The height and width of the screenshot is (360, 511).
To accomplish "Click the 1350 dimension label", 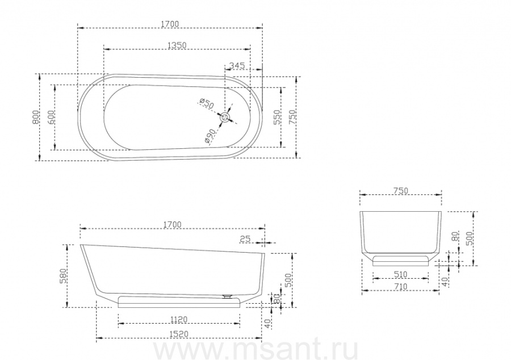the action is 177,45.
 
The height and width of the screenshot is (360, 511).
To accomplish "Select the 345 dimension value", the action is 237,65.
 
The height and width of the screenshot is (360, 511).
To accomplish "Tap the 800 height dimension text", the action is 36,117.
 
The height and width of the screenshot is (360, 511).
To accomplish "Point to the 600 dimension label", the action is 51,117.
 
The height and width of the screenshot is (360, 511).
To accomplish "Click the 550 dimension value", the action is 277,117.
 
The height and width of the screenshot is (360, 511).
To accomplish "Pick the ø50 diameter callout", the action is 207,103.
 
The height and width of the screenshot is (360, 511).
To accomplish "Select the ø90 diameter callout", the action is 210,136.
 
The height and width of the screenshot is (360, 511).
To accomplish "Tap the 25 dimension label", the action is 245,239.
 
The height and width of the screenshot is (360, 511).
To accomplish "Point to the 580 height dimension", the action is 63,275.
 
